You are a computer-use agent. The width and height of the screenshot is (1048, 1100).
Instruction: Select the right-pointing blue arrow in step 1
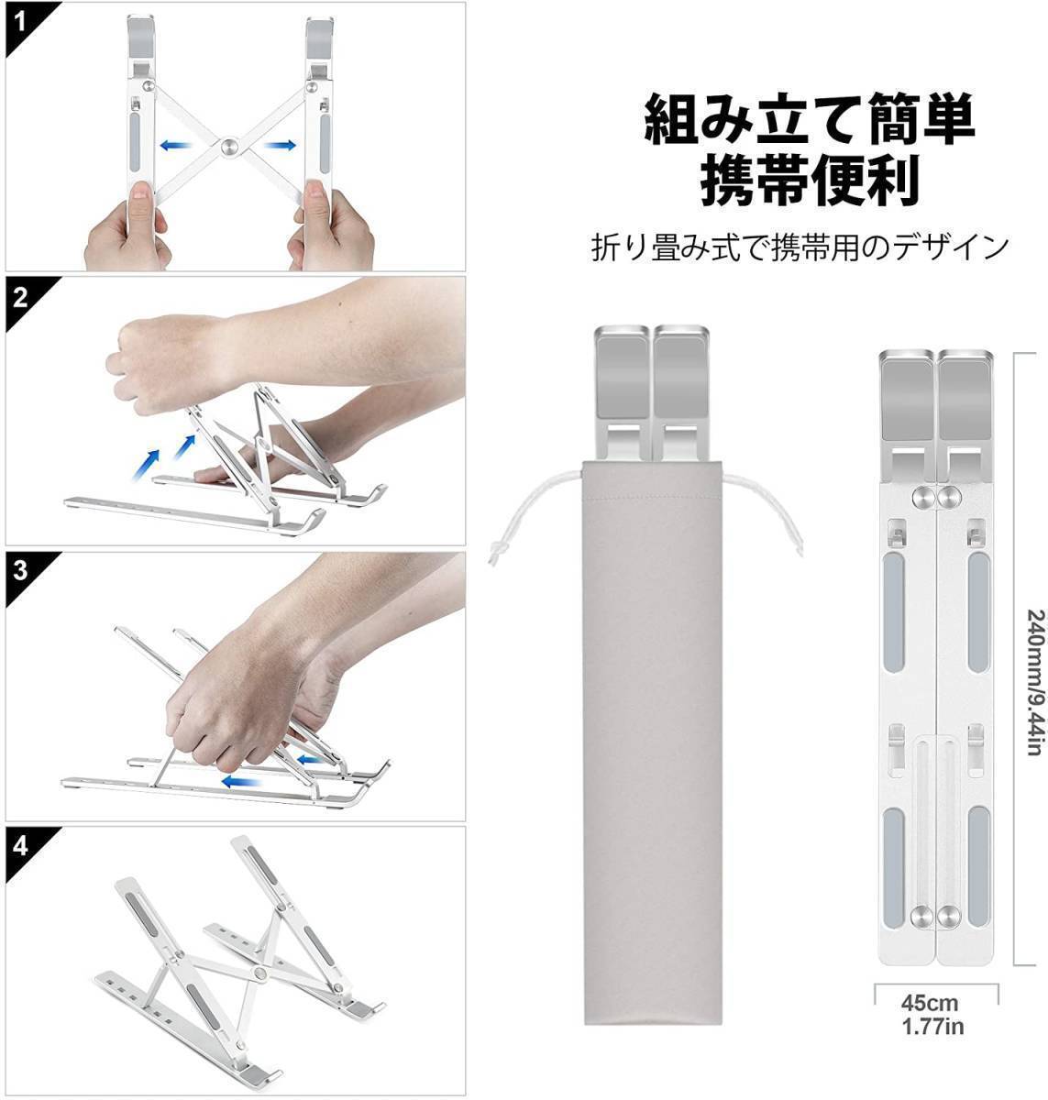280,145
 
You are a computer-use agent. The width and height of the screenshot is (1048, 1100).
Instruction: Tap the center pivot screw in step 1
228,145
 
